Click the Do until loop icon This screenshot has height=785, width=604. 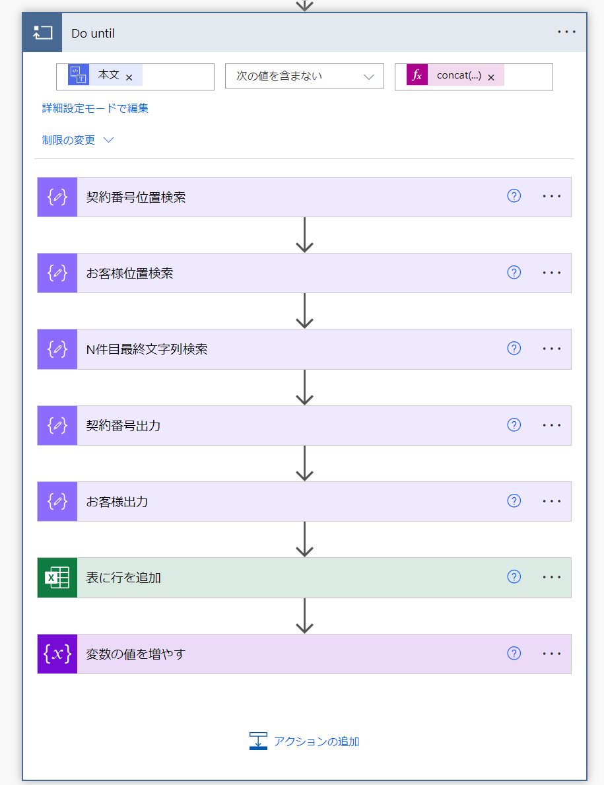[x=42, y=32]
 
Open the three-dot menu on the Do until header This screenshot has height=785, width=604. [x=566, y=32]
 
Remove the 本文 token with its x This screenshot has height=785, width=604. [x=129, y=78]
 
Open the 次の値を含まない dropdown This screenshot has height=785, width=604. [x=304, y=76]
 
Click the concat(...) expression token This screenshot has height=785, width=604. [x=459, y=76]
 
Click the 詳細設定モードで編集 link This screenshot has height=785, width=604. [x=95, y=108]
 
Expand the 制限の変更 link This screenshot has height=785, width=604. [x=78, y=140]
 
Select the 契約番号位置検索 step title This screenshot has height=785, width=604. [x=135, y=197]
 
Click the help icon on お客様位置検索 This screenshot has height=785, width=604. [x=514, y=273]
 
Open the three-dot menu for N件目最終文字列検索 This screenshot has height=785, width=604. [x=551, y=349]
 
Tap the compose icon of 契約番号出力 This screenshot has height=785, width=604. [x=57, y=426]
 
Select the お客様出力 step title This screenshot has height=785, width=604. [x=117, y=502]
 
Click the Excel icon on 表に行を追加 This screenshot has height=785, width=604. [x=57, y=578]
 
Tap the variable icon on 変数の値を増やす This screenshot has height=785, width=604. [x=57, y=654]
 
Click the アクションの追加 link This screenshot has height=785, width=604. [x=304, y=741]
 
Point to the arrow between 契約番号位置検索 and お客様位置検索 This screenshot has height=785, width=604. [x=304, y=235]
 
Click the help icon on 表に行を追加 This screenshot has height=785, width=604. [x=514, y=577]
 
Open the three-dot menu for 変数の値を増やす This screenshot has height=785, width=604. [x=551, y=654]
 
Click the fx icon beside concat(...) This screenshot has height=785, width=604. [x=417, y=75]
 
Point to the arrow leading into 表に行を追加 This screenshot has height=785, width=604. [x=304, y=539]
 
